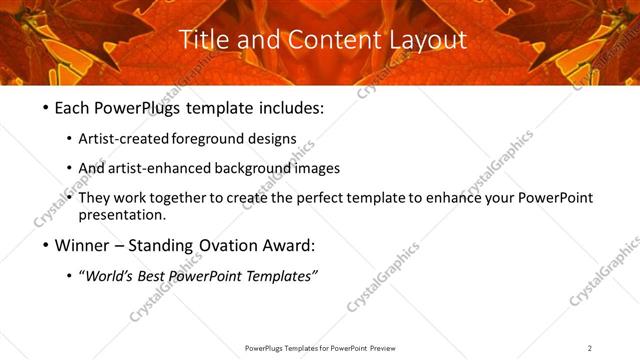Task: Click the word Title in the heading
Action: point(200,40)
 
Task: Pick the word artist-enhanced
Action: point(165,168)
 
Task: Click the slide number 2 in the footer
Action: point(589,347)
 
